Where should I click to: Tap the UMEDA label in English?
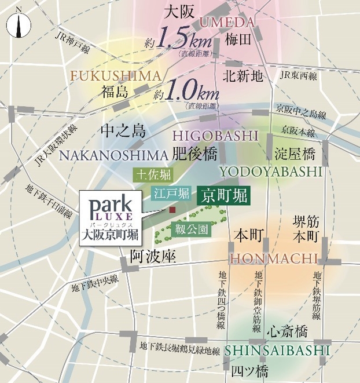[227, 23]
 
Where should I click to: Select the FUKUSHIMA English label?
[115, 76]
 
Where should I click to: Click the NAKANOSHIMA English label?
[113, 155]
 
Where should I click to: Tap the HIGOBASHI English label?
[215, 136]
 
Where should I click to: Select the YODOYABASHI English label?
[270, 172]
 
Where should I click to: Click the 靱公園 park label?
[192, 229]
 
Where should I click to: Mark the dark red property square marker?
[172, 210]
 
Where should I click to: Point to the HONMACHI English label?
[274, 258]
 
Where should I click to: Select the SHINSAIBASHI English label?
[277, 351]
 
